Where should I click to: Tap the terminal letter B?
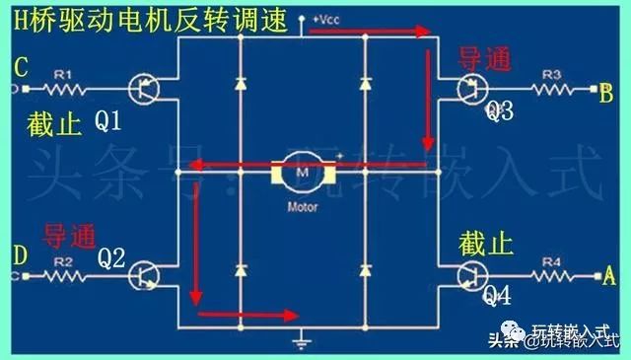tap(606, 93)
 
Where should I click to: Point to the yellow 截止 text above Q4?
tap(484, 243)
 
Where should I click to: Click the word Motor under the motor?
tap(302, 208)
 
